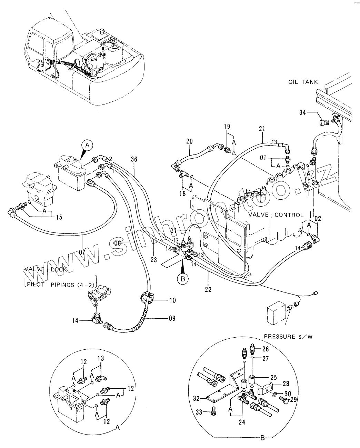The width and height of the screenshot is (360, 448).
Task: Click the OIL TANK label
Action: pyautogui.click(x=303, y=82)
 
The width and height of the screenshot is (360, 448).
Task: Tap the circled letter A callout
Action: pyautogui.click(x=87, y=145)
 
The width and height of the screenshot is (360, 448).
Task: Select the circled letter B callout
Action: pyautogui.click(x=183, y=279)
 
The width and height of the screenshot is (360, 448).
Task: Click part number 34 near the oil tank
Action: pyautogui.click(x=302, y=113)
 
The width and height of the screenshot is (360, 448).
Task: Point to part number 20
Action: pyautogui.click(x=189, y=141)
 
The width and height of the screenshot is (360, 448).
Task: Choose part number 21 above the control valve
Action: pyautogui.click(x=262, y=129)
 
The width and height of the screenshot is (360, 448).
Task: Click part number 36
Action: pyautogui.click(x=134, y=159)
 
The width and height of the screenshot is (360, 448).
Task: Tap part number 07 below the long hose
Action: pyautogui.click(x=82, y=252)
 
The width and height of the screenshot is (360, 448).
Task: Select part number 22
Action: pyautogui.click(x=208, y=289)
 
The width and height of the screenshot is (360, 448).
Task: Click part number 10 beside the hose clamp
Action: pyautogui.click(x=173, y=300)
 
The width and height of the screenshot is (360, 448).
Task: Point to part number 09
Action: pyautogui.click(x=172, y=318)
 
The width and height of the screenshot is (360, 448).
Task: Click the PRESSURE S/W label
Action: pyautogui.click(x=288, y=337)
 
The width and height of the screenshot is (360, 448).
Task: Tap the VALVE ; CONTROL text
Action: pyautogui.click(x=276, y=215)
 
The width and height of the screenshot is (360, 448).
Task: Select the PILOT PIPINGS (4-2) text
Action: pyautogui.click(x=61, y=285)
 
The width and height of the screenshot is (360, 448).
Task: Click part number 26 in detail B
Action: pyautogui.click(x=266, y=349)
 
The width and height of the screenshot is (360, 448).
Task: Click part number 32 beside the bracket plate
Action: pyautogui.click(x=196, y=398)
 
